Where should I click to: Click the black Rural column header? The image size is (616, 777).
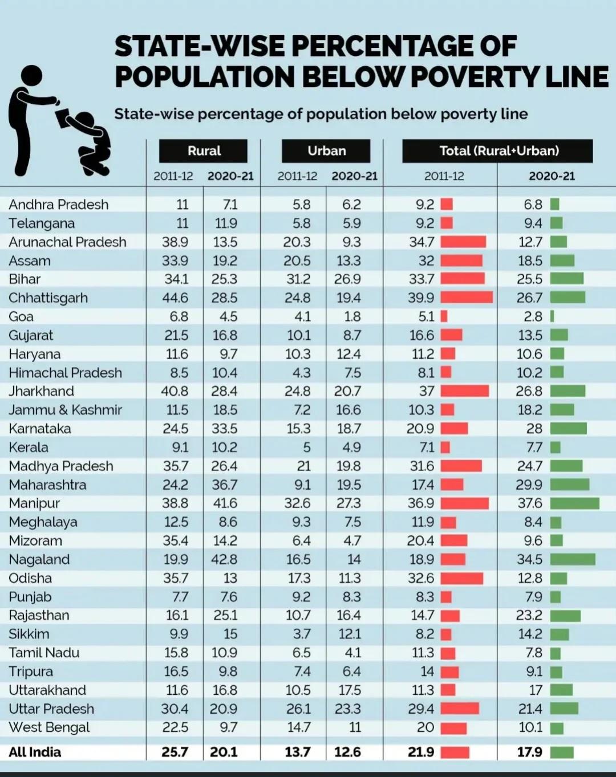point(203,151)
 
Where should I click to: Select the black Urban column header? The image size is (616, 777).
point(326,151)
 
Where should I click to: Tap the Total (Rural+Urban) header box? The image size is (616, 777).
point(498,151)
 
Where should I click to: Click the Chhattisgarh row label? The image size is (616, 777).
point(48,298)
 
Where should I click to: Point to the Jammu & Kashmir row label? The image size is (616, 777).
point(66,410)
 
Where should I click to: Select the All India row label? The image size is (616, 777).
point(35,752)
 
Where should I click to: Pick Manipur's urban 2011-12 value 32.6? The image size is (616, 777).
point(297,503)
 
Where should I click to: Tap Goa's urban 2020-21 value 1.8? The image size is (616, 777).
point(352,316)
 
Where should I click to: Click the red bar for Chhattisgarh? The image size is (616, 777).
point(467,298)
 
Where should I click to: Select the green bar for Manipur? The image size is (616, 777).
point(575,503)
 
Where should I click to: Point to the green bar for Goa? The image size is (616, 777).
point(552,316)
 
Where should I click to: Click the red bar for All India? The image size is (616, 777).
point(455,752)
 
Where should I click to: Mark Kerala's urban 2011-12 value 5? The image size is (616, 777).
point(307,448)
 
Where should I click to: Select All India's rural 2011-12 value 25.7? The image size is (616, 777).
point(175,752)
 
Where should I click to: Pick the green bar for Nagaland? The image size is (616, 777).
point(573,559)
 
